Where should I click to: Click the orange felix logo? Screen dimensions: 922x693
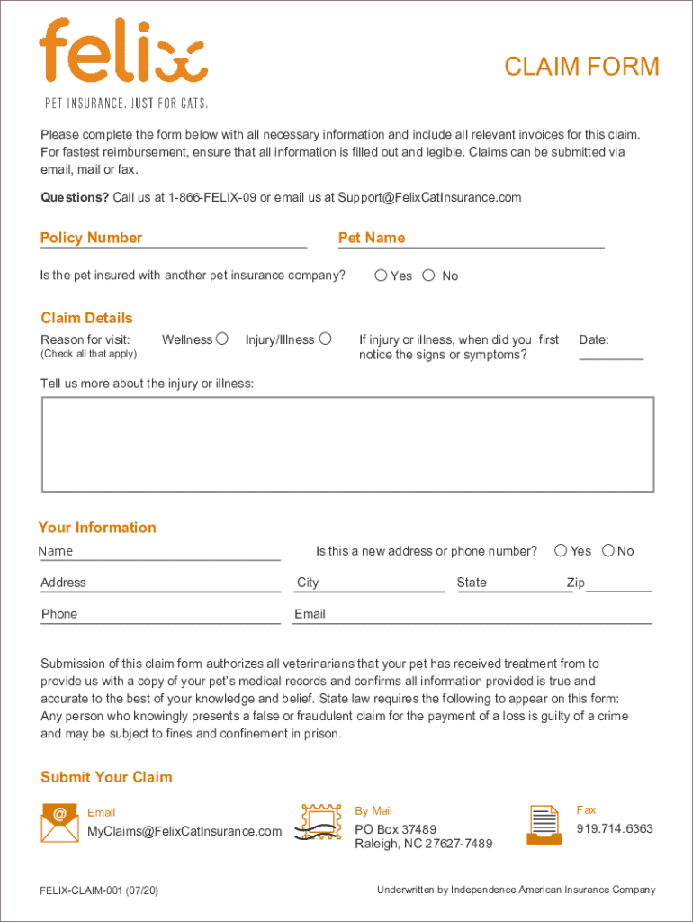[x=123, y=52]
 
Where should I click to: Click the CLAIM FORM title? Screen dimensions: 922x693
[x=581, y=67]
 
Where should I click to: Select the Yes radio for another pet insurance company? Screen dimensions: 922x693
[x=381, y=276]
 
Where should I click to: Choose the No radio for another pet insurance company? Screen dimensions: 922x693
[x=428, y=276]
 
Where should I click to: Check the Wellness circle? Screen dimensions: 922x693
[x=221, y=339]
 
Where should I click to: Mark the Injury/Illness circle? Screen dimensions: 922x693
[x=326, y=339]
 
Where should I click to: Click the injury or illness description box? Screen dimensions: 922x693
[x=347, y=444]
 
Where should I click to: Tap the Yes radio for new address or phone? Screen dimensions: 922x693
[x=561, y=550]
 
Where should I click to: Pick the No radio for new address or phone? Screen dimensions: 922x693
[x=608, y=550]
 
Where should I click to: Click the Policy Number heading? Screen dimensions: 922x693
[x=91, y=238]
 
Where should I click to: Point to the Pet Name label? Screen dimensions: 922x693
[x=372, y=238]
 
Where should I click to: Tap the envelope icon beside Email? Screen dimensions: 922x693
[x=59, y=821]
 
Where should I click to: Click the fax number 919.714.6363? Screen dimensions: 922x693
[x=615, y=828]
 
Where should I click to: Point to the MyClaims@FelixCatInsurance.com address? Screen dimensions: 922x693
[x=184, y=831]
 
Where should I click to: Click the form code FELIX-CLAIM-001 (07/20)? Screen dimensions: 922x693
[x=99, y=890]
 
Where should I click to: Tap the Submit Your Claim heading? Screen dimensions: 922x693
[x=106, y=777]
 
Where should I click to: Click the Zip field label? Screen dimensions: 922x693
[x=575, y=583]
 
